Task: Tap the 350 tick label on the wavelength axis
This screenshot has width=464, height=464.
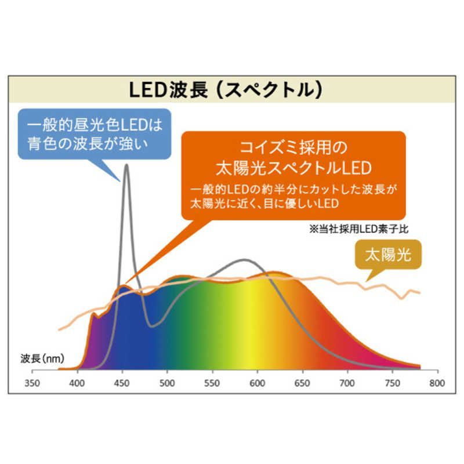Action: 32,383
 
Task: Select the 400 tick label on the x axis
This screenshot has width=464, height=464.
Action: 77,383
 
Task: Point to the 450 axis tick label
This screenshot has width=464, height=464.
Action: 122,383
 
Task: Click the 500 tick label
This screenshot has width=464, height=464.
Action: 168,383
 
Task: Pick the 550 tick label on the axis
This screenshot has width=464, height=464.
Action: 212,383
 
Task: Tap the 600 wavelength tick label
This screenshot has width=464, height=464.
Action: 258,383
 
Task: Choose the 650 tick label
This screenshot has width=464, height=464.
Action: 302,383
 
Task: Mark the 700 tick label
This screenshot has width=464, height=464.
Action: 347,383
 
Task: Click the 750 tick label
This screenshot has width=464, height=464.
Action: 393,383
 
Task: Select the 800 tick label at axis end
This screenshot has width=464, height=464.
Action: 437,383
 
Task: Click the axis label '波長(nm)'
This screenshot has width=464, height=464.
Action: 43,358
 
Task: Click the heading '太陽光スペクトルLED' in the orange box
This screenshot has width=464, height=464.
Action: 292,169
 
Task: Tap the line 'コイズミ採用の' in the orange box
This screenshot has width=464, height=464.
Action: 292,148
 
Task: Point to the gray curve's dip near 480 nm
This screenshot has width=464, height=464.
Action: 152,326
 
